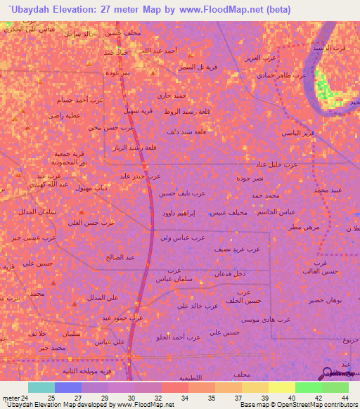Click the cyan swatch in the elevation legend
point(41,387)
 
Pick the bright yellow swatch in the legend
point(281,387)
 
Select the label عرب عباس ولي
point(181,238)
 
